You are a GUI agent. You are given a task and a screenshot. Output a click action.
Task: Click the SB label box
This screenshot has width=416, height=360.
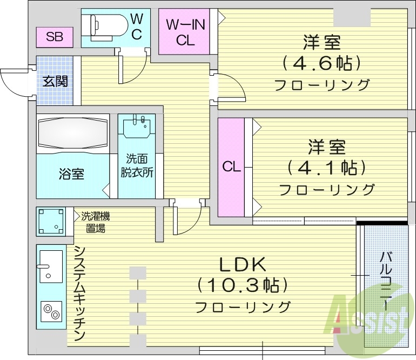[54, 37]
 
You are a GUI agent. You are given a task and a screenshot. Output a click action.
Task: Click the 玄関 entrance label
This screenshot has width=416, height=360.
[55, 82]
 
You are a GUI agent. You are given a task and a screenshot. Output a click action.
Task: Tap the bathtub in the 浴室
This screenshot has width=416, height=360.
[72, 134]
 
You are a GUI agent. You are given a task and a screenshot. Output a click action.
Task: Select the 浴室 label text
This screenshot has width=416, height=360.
[71, 174]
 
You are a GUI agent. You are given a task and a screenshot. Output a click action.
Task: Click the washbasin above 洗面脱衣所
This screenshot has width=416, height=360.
[136, 128]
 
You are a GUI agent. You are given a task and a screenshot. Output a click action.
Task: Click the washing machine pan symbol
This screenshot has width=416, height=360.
[51, 221]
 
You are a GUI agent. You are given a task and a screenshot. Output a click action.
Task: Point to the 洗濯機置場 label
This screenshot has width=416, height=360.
[96, 222]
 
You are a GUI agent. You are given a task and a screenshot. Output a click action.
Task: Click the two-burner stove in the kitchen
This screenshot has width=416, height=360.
[51, 311]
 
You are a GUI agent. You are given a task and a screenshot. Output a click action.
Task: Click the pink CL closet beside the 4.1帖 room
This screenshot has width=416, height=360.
[231, 167]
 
